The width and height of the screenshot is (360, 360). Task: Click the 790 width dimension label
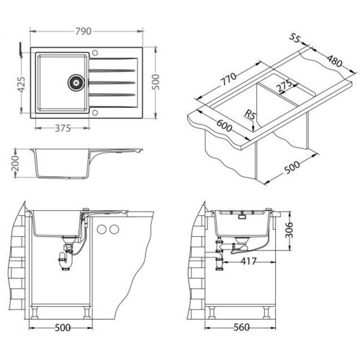(x=84, y=31)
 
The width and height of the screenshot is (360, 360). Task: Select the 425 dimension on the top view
(x=22, y=84)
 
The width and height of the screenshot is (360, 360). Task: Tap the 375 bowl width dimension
(x=63, y=128)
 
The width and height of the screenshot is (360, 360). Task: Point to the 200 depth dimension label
(x=15, y=163)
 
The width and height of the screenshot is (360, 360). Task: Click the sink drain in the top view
(x=76, y=82)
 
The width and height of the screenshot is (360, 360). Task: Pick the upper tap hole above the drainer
(x=95, y=53)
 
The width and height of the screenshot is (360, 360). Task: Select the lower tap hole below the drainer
(x=95, y=112)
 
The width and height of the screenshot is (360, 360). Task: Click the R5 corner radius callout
(x=250, y=115)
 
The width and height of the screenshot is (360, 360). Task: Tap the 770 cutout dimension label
(x=228, y=79)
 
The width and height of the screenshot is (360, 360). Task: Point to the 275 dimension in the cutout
(x=285, y=86)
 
